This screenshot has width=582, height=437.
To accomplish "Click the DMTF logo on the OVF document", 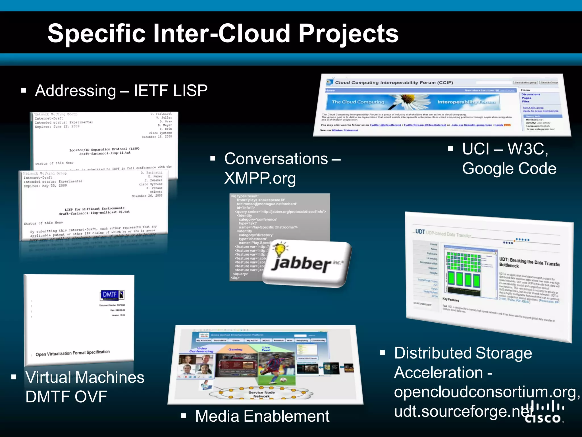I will click(x=112, y=295).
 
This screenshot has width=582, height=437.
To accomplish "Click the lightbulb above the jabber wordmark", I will click(x=280, y=249).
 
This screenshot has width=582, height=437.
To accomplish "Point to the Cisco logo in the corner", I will click(x=544, y=412).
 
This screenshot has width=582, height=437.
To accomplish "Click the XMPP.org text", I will click(x=260, y=178).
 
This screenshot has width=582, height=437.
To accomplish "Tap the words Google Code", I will click(x=509, y=168).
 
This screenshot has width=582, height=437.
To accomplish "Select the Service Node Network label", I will click(x=261, y=394).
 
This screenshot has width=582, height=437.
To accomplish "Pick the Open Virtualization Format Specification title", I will click(x=72, y=353).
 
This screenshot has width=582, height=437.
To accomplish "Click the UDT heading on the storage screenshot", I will click(x=420, y=232).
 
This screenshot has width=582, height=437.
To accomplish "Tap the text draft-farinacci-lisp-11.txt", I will click(x=105, y=153).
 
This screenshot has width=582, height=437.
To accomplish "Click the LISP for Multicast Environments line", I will click(x=94, y=209).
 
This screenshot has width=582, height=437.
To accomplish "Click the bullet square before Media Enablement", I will click(x=184, y=416).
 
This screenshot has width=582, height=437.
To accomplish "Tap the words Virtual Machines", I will click(x=85, y=377).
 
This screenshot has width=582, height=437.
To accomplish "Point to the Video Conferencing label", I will click(x=201, y=350).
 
